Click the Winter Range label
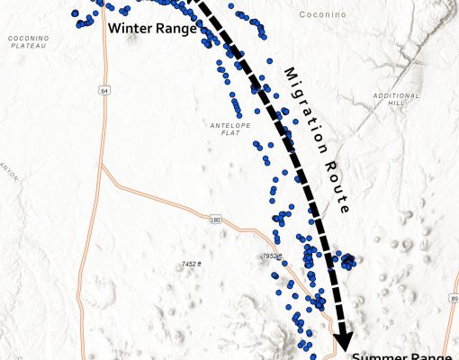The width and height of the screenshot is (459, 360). tap(152, 28)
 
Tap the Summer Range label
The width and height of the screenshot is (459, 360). tap(401, 355)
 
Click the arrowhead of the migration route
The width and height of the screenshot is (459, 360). tap(343, 341)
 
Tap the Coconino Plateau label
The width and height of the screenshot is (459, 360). tap(28, 41)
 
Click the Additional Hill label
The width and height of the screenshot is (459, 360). tap(396, 99)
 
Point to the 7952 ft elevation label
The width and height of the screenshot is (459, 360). tap(271, 256)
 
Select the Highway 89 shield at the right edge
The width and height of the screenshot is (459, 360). tap(454, 299)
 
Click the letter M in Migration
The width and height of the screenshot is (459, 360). tap(290, 73)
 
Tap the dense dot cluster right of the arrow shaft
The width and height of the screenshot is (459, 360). tap(346, 261)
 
